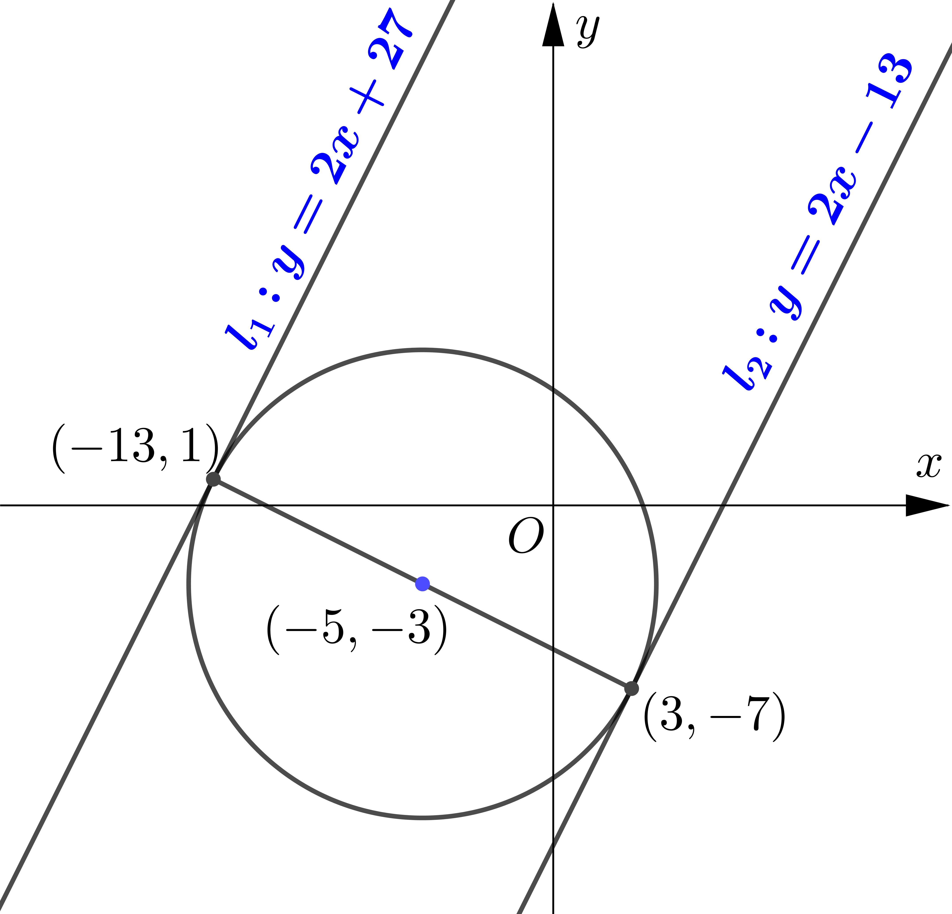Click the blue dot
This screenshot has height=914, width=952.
click(422, 584)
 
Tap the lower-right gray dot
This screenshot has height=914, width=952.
click(631, 688)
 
